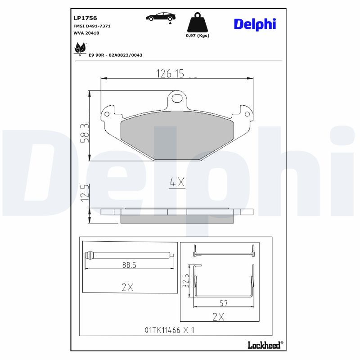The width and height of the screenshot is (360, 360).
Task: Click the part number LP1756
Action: (x=85, y=18)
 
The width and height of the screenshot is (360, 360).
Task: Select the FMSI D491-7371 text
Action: (x=92, y=26)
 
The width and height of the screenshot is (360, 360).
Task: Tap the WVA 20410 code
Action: (x=86, y=33)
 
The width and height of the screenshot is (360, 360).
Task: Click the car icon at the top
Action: (x=161, y=17)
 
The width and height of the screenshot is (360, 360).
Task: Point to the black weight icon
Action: (x=198, y=22)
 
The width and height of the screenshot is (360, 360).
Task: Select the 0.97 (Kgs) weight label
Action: (x=198, y=36)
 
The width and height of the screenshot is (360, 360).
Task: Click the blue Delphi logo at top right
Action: (x=255, y=24)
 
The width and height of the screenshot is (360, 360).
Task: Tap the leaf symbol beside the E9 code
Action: (x=80, y=48)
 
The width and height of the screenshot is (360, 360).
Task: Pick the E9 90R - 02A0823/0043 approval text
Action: (x=116, y=55)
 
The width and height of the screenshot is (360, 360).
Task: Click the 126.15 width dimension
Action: (x=170, y=74)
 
